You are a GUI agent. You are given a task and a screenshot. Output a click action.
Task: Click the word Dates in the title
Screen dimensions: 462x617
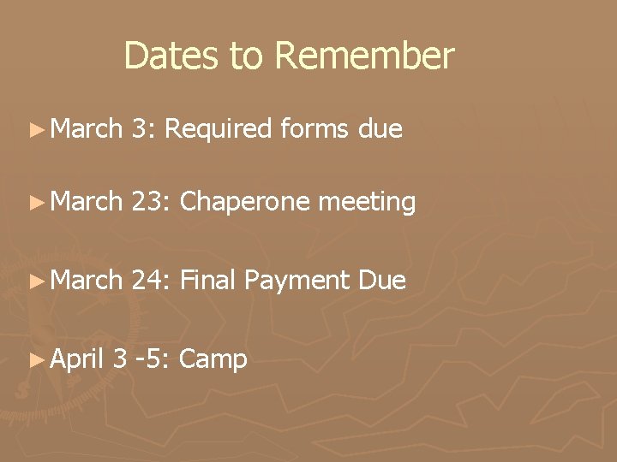(x=174, y=56)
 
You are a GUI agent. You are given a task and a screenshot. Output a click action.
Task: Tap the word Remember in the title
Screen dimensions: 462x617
(x=365, y=56)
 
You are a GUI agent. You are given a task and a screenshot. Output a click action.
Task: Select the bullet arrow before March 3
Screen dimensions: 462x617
(x=36, y=131)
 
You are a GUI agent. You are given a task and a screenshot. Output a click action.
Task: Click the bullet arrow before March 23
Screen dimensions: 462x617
(x=36, y=203)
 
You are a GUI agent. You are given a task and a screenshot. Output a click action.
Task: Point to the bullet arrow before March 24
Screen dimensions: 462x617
(x=36, y=279)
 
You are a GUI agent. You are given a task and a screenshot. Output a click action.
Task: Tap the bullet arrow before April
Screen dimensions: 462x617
(x=36, y=359)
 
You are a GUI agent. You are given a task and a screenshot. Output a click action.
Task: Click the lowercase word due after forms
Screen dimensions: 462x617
(x=380, y=130)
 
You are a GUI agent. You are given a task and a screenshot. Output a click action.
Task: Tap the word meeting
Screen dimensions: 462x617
(x=368, y=204)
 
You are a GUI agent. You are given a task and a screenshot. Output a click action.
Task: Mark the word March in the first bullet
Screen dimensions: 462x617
(x=87, y=130)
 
